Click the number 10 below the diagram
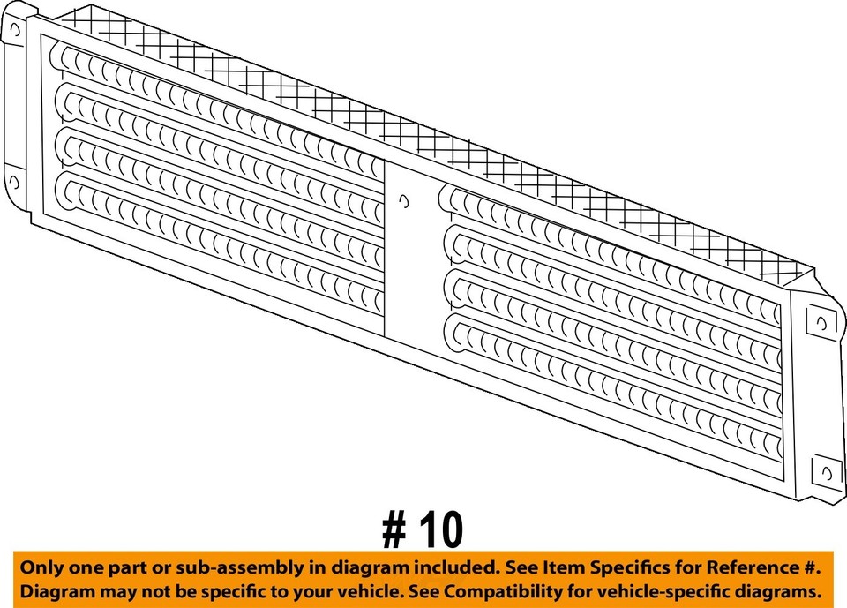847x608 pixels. [x=438, y=530]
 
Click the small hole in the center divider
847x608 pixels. [x=403, y=200]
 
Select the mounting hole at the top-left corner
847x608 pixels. [x=15, y=29]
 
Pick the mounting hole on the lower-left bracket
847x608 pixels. [x=15, y=184]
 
